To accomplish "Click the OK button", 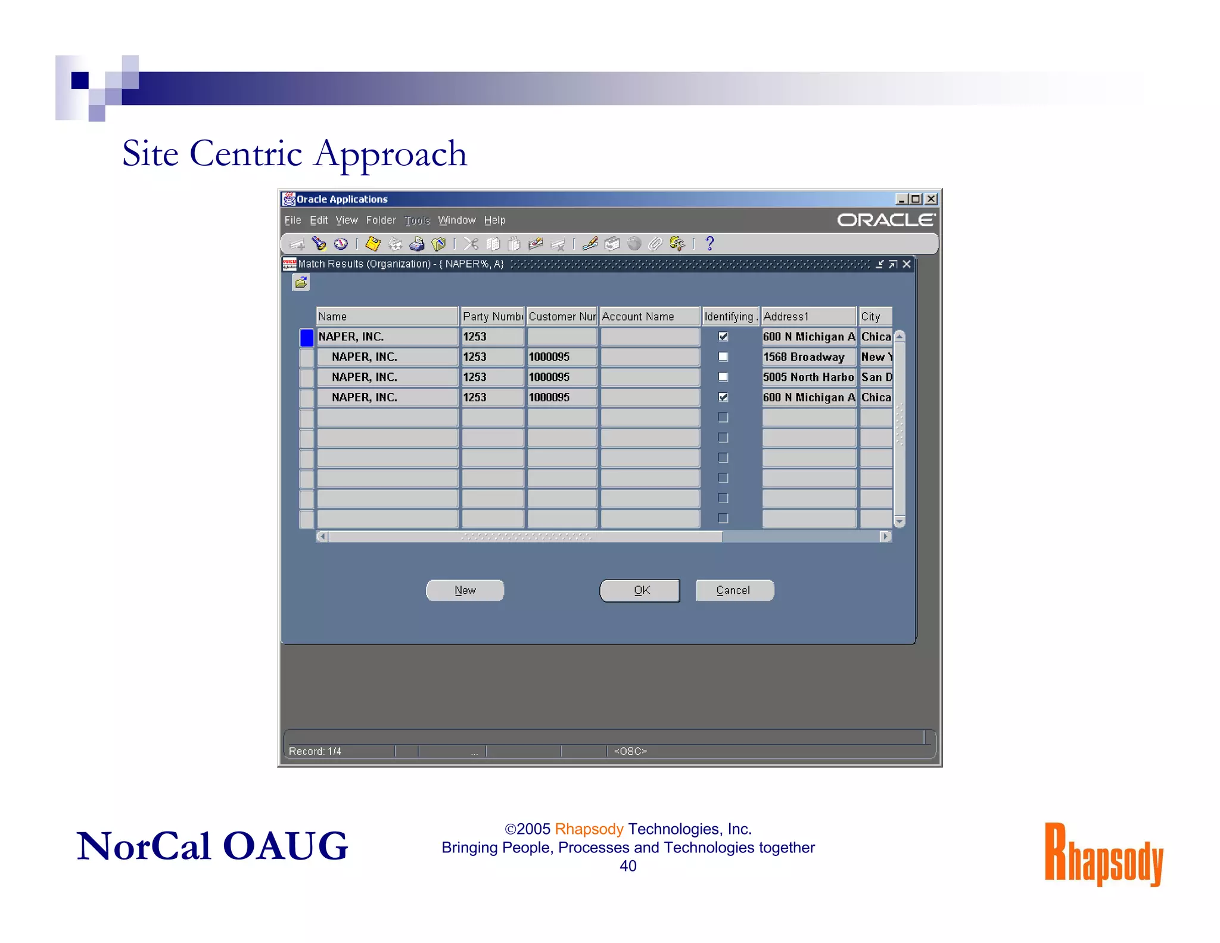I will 640,590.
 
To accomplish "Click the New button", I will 465,590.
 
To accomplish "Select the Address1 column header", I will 808,317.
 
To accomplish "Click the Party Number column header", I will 493,317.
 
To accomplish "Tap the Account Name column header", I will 649,317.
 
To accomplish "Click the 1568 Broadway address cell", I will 808,357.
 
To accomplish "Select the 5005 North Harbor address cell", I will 808,377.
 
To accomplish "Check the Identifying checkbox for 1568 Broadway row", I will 723,357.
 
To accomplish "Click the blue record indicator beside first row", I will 307,337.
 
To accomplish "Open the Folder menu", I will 381,221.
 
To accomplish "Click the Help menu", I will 494,221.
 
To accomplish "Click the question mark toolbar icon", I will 709,243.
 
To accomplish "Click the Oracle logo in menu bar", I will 886,220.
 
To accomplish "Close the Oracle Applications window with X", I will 931,199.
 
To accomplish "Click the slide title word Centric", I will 245,154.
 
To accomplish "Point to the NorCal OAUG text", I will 212,846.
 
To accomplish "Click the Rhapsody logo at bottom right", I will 1103,855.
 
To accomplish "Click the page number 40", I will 628,866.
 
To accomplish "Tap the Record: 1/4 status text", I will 315,751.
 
